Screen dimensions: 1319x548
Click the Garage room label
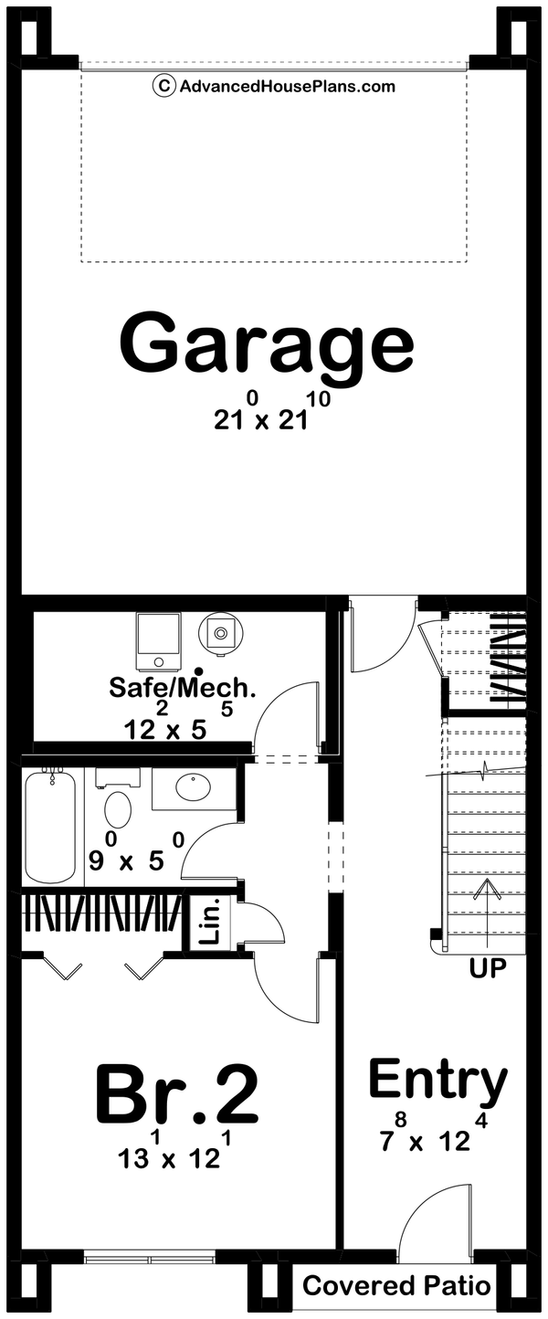click(x=267, y=343)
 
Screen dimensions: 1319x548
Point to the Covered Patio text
click(x=396, y=1287)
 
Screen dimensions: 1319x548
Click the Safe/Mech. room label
click(x=183, y=687)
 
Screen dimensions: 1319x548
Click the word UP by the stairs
click(x=488, y=968)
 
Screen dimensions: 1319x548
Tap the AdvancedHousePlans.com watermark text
click(x=287, y=87)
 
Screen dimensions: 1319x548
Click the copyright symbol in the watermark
click(x=163, y=87)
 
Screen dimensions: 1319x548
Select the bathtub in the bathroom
click(x=49, y=826)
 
